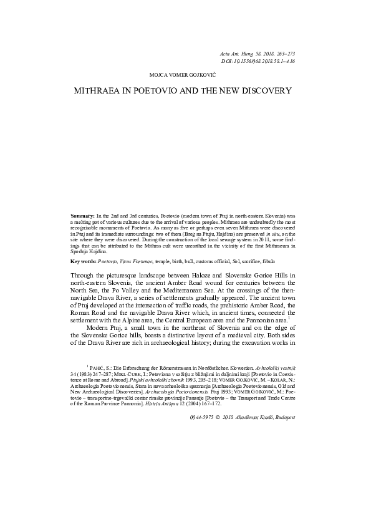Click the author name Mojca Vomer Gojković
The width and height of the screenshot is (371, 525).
tap(185, 74)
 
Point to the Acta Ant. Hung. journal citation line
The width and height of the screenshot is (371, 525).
tap(258, 55)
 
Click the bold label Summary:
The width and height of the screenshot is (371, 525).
tap(83, 215)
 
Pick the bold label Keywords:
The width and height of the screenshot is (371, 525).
tap(84, 260)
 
